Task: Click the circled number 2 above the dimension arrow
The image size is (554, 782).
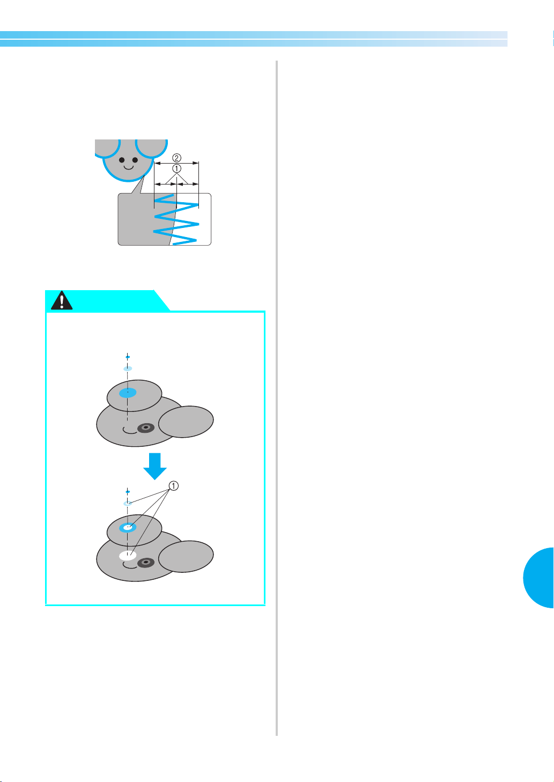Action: [176, 158]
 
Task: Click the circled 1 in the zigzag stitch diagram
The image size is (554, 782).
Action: [176, 168]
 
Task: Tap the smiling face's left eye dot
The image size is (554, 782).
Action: [122, 160]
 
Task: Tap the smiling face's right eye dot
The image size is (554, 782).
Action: [135, 160]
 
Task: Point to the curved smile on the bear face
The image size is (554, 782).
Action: [129, 168]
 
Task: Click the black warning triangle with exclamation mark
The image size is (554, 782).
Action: [62, 300]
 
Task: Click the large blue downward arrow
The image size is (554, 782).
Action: [155, 467]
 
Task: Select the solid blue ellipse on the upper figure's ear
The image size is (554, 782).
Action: [128, 393]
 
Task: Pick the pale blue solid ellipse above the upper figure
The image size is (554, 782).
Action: [128, 368]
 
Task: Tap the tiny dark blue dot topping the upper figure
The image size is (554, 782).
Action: [128, 357]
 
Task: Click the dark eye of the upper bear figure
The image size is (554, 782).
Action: [146, 428]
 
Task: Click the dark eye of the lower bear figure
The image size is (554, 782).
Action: [146, 563]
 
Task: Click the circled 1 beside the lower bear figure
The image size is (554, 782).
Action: [174, 485]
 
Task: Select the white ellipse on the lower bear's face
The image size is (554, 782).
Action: [128, 556]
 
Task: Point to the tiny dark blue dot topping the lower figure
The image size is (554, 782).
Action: [128, 491]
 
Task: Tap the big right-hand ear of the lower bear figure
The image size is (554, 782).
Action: [186, 557]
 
